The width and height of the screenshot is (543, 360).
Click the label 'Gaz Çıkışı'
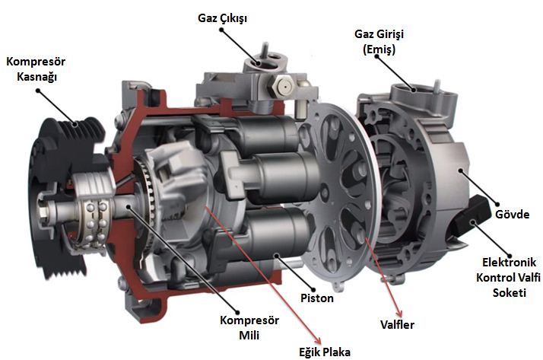tap(222, 18)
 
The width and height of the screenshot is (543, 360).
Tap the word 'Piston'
tap(317, 298)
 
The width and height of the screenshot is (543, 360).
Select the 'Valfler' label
tap(397, 325)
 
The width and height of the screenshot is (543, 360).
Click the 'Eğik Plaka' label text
tap(325, 352)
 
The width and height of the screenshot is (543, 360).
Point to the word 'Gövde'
tap(512, 214)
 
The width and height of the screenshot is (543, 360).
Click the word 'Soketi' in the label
tap(510, 293)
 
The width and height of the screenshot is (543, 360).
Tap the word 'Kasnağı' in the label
tap(37, 77)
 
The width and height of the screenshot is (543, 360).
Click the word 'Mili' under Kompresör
tap(249, 336)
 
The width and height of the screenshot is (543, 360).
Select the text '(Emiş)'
tap(379, 49)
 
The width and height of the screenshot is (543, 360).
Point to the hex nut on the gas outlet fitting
tap(283, 87)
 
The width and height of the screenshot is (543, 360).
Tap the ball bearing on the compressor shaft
tap(94, 221)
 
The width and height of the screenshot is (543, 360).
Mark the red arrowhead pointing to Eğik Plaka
tap(316, 340)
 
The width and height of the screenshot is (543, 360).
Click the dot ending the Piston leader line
tap(313, 290)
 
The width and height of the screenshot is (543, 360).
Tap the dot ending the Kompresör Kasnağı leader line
tap(38, 91)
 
